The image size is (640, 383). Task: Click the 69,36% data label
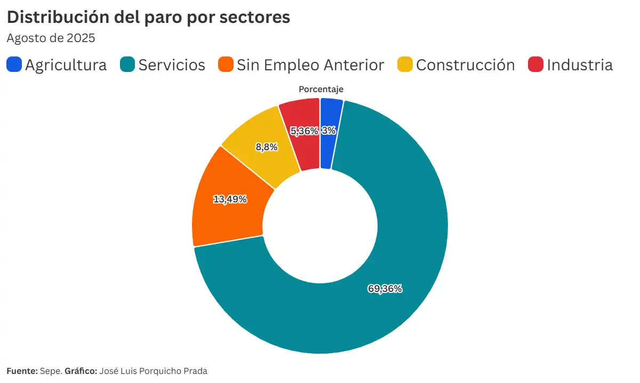[x=385, y=289]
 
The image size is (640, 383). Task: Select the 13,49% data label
[x=230, y=199]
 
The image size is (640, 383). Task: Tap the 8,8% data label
[x=267, y=147]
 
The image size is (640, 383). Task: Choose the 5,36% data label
[x=304, y=131]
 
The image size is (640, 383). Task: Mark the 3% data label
[x=329, y=131]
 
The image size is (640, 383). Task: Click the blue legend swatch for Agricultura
[x=14, y=65]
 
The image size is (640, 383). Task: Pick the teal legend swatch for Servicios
[x=127, y=65]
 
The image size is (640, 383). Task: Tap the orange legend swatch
[x=226, y=65]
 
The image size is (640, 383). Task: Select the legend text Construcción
[x=465, y=65]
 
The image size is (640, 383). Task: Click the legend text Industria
[x=580, y=65]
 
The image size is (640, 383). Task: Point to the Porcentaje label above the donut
[x=321, y=89]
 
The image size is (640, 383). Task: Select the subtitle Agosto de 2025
[x=51, y=38]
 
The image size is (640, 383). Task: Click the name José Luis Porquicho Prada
[x=153, y=371]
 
